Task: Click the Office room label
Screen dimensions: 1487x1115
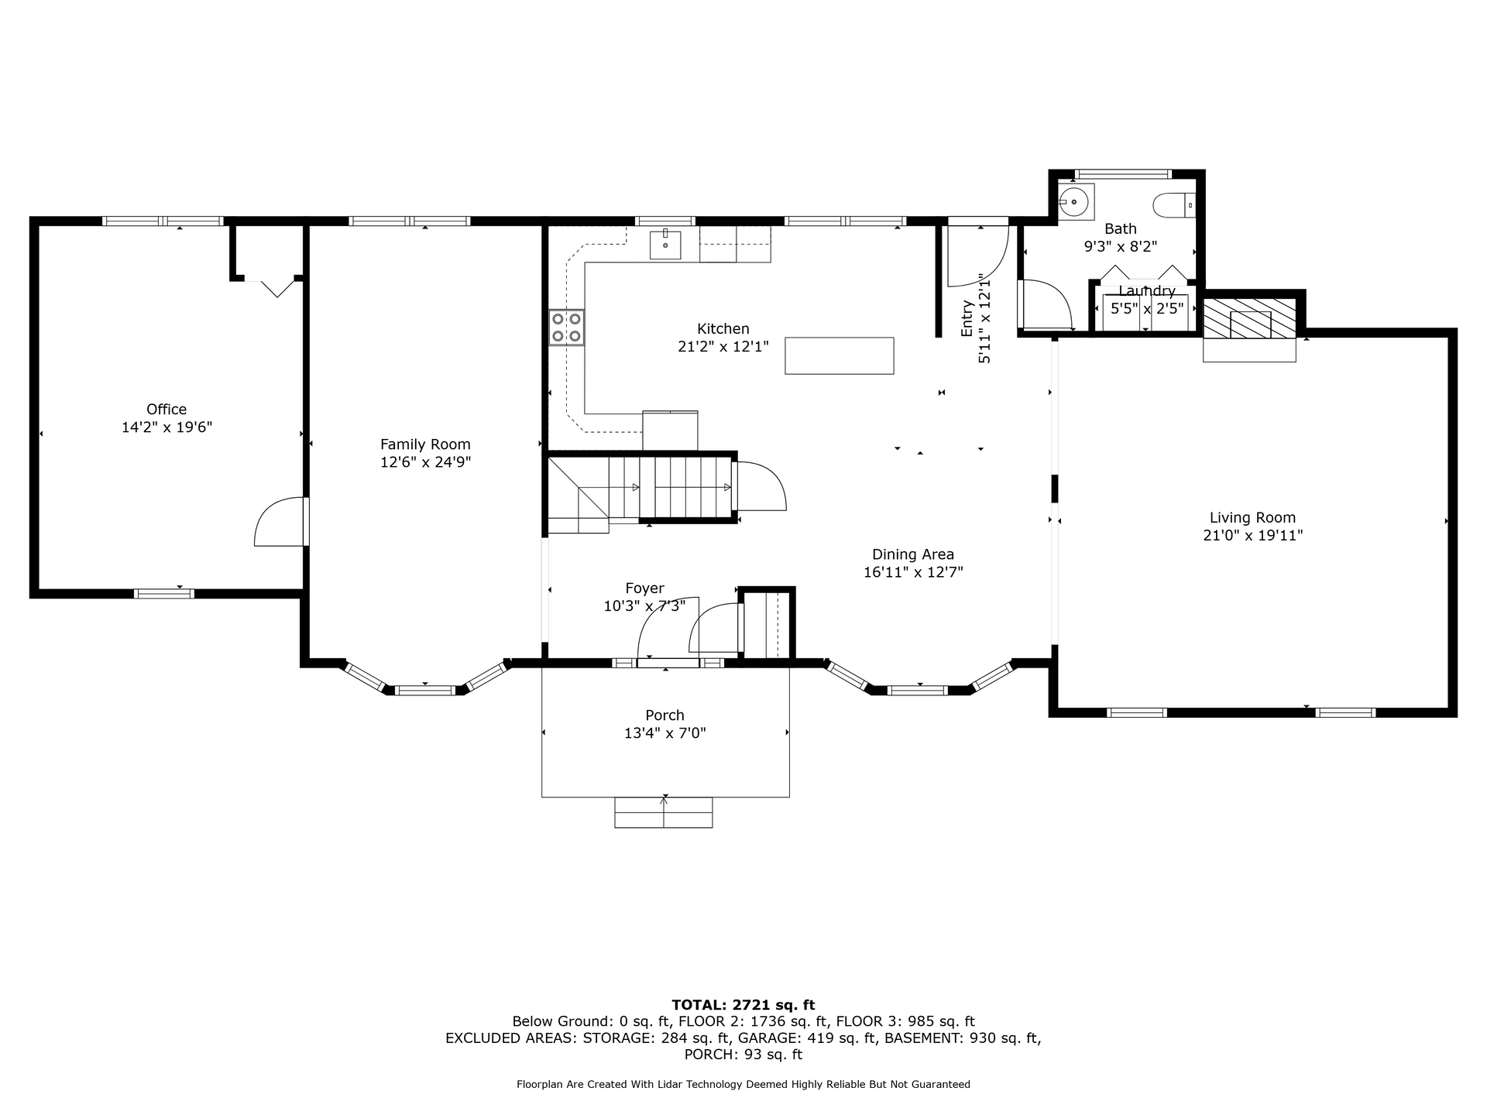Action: pyautogui.click(x=167, y=409)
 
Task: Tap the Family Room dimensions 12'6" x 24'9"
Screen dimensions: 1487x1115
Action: pyautogui.click(x=425, y=462)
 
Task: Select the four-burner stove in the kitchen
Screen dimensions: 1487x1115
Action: pyautogui.click(x=566, y=327)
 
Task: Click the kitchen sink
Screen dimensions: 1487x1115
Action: pyautogui.click(x=665, y=245)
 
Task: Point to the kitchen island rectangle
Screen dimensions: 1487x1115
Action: pyautogui.click(x=840, y=355)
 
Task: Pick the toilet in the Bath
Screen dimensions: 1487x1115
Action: pyautogui.click(x=1174, y=205)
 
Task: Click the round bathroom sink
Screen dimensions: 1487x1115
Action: pyautogui.click(x=1074, y=201)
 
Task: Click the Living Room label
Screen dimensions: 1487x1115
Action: pyautogui.click(x=1252, y=517)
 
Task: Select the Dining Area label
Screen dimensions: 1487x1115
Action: pyautogui.click(x=913, y=554)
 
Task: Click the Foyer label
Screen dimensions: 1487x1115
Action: pyautogui.click(x=644, y=588)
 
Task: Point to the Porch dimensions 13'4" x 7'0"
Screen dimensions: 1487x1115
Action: pyautogui.click(x=665, y=732)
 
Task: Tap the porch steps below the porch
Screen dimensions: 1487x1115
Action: pyautogui.click(x=664, y=812)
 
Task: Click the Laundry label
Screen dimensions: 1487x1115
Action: pyautogui.click(x=1147, y=291)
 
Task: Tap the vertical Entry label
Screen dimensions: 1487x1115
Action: pyautogui.click(x=967, y=318)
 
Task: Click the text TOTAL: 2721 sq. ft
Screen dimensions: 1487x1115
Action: pyautogui.click(x=743, y=1005)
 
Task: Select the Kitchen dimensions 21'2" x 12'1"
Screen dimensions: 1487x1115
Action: pyautogui.click(x=723, y=347)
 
